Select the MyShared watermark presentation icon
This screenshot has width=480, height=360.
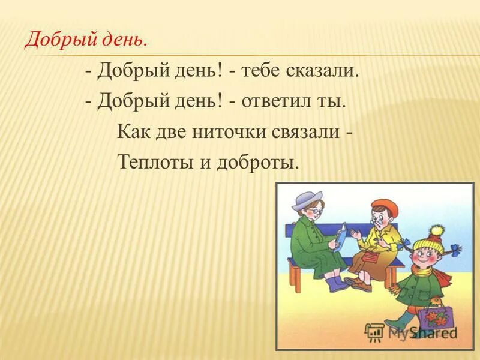coord(374,331)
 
